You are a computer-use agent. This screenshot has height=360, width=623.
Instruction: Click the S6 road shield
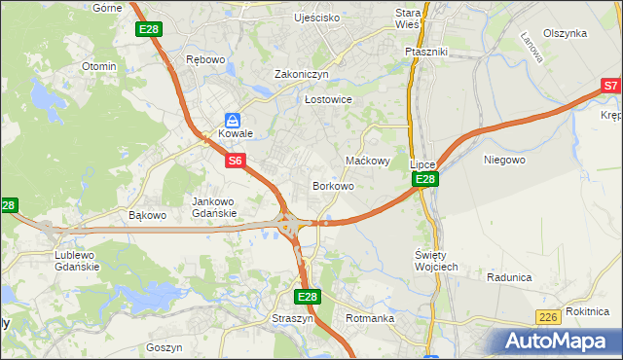tap(236, 161)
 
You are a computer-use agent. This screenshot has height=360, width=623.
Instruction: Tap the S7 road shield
tap(610, 86)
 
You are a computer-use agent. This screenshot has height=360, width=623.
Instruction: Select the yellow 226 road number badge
tap(547, 317)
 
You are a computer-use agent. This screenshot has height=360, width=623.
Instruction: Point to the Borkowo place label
tap(332, 185)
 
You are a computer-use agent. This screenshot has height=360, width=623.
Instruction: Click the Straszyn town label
tap(295, 317)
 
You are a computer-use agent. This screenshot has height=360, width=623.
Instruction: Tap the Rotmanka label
tap(369, 317)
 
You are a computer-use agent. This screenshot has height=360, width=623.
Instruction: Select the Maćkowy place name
tap(368, 161)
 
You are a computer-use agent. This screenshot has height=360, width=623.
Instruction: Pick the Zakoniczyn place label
tap(302, 74)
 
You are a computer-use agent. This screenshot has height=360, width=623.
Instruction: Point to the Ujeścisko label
tap(317, 18)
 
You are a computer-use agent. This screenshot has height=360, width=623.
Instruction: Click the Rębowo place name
tap(205, 59)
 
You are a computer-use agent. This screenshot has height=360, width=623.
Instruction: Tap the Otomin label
tap(99, 66)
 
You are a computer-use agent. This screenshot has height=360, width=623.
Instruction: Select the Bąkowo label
tap(149, 214)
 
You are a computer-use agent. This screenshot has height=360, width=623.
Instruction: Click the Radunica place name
tap(509, 277)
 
